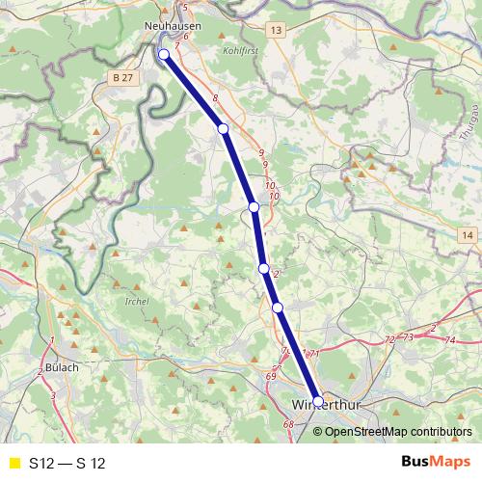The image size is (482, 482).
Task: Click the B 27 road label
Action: (x=121, y=76)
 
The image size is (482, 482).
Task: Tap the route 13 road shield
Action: (x=278, y=32)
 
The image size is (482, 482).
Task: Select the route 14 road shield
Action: (x=468, y=235)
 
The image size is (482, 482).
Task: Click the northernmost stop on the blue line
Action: (x=164, y=54)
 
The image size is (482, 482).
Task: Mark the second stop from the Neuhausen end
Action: (x=223, y=128)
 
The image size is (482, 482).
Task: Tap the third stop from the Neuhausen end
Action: (x=254, y=207)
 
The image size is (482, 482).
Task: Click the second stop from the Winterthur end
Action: (x=278, y=308)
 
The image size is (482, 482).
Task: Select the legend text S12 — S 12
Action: (x=67, y=464)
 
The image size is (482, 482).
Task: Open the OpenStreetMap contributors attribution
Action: (x=398, y=432)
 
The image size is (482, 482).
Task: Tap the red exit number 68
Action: (x=287, y=424)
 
